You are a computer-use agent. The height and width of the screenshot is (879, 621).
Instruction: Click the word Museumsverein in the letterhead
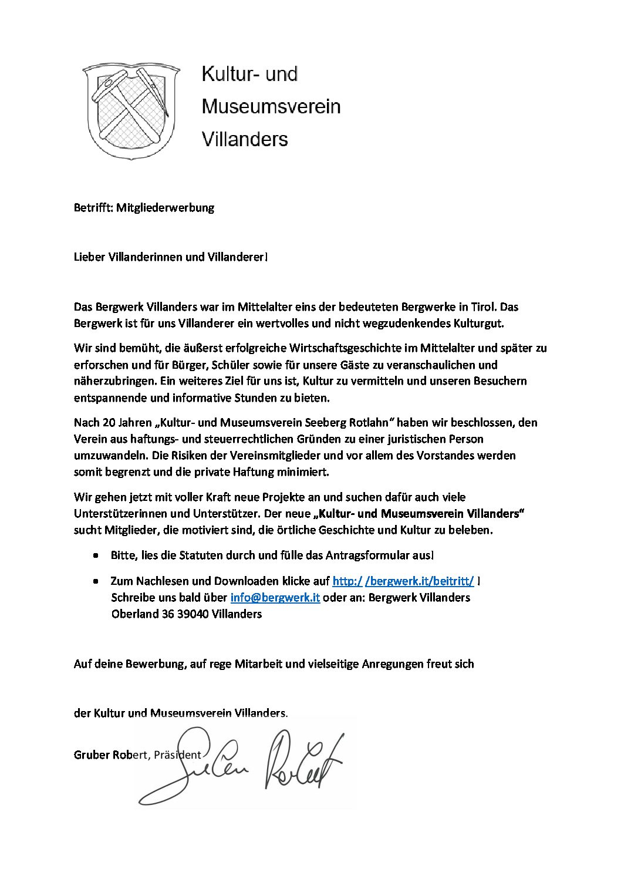271,106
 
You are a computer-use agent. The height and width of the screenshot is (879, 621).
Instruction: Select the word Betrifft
93,207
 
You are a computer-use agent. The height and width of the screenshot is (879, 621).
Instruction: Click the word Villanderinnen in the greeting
146,257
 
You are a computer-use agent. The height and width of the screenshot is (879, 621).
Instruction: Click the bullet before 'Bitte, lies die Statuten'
96,555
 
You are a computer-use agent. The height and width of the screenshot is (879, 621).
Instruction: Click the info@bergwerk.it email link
275,597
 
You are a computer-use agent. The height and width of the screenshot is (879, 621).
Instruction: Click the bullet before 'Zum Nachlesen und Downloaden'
96,581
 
